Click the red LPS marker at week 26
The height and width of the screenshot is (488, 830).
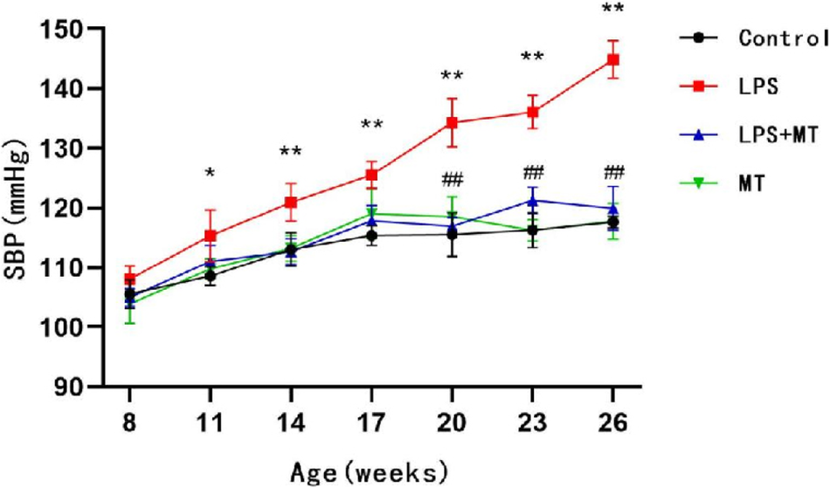pos(613,60)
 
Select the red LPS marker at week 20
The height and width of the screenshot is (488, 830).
pos(452,122)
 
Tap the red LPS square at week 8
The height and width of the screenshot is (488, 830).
pos(130,279)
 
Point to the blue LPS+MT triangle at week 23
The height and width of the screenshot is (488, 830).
pos(533,201)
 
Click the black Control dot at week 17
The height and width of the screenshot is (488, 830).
pos(371,236)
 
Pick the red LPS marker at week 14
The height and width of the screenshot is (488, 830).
pos(291,203)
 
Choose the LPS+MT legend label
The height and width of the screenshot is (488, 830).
pos(774,134)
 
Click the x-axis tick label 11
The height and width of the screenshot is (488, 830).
pos(210,423)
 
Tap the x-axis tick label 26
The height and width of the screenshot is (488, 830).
pos(613,423)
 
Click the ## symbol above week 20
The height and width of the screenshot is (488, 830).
pos(452,181)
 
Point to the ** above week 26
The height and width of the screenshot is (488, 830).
pos(613,10)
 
